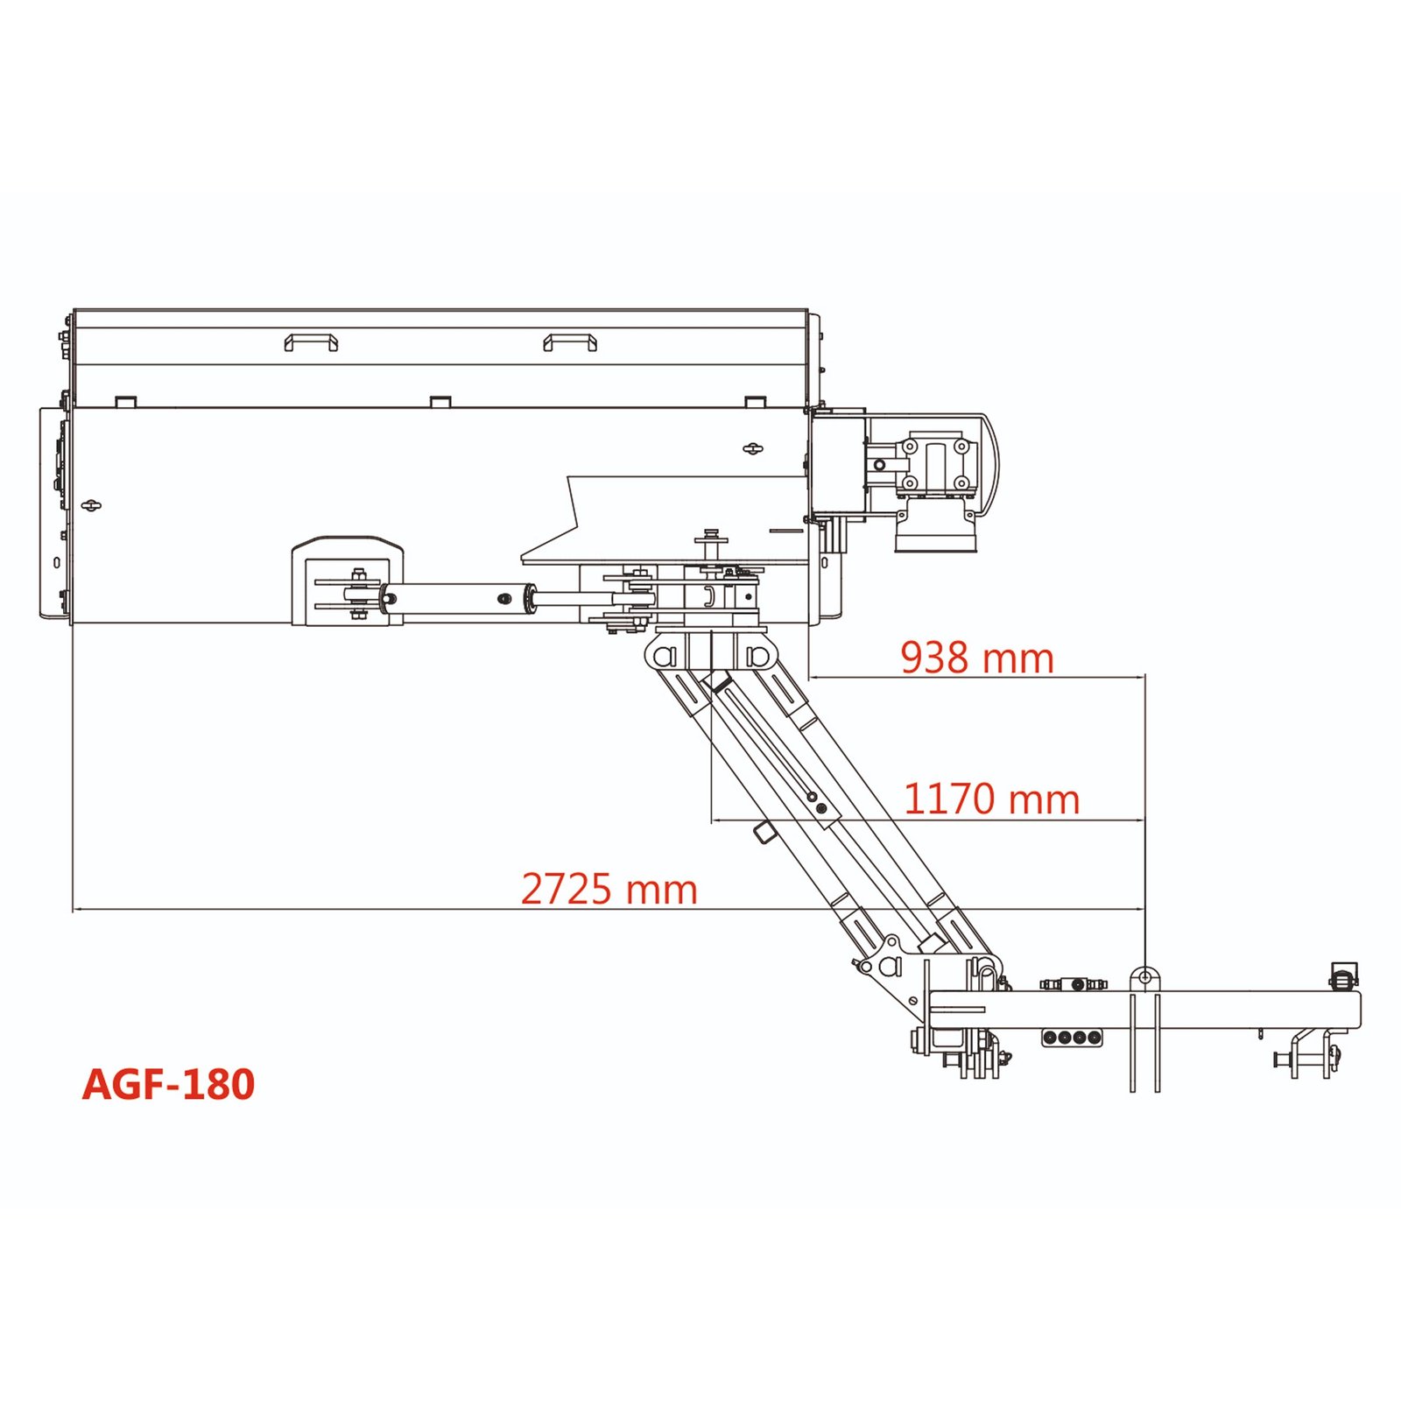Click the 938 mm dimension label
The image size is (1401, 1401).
(x=976, y=658)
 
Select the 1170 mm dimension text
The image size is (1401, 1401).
(x=991, y=799)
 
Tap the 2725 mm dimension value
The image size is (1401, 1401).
(x=609, y=889)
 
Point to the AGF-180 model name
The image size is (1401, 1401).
(x=168, y=1084)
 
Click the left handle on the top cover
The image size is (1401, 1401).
(x=311, y=341)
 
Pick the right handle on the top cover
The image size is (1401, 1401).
(x=570, y=341)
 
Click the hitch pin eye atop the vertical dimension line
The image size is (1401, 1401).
(x=1144, y=977)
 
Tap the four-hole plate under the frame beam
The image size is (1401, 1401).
(x=1072, y=1038)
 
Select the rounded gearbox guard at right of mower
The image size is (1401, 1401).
(x=986, y=465)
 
